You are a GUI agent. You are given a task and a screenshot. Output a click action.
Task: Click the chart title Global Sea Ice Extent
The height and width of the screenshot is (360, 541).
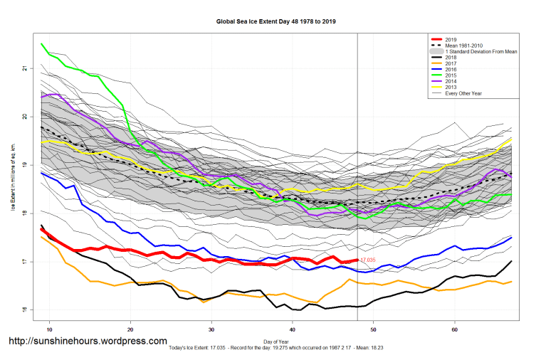(276, 22)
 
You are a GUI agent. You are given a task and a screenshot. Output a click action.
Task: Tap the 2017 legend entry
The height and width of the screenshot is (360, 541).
(449, 63)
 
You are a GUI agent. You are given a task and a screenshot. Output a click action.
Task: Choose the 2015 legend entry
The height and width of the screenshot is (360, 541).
(449, 75)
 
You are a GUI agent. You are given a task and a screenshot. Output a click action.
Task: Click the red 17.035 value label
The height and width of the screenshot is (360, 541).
(367, 261)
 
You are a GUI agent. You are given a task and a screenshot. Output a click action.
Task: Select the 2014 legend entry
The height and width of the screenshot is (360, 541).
(449, 82)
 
